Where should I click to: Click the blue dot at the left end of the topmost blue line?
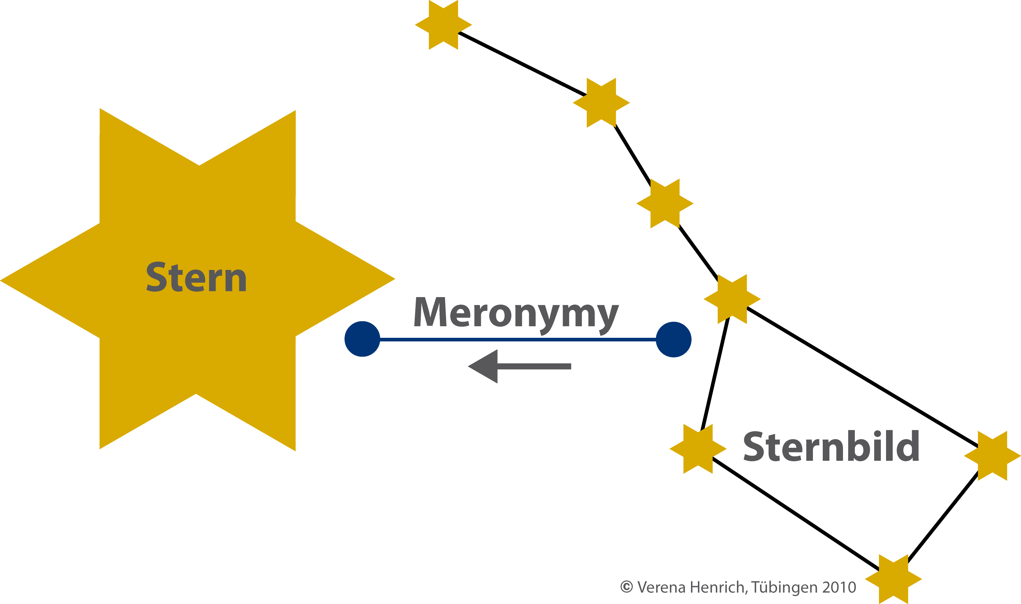point(362,339)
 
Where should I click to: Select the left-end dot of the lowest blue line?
point(362,563)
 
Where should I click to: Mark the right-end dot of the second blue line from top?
point(674,414)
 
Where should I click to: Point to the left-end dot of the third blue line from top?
point(362,489)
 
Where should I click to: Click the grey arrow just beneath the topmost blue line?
point(519,366)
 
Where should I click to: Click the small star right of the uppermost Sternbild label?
point(992,456)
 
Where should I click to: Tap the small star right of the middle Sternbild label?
point(992,531)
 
